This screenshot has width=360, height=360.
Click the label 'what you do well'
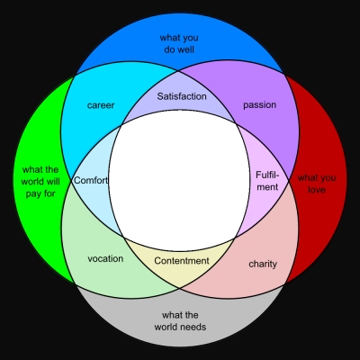pyautogui.click(x=179, y=43)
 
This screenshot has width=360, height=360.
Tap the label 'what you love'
pyautogui.click(x=317, y=184)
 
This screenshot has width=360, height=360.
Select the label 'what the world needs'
pyautogui.click(x=180, y=320)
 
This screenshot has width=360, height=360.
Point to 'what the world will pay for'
pyautogui.click(x=40, y=182)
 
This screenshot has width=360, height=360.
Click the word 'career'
pyautogui.click(x=101, y=105)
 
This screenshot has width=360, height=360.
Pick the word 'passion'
pyautogui.click(x=259, y=105)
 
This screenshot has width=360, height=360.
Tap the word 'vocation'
pyautogui.click(x=105, y=258)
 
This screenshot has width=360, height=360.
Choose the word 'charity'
pyautogui.click(x=263, y=264)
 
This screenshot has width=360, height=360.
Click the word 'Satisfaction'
pyautogui.click(x=182, y=96)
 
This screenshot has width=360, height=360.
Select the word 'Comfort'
pyautogui.click(x=90, y=180)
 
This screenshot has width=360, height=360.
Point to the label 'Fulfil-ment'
pyautogui.click(x=267, y=181)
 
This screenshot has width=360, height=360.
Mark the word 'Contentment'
pyautogui.click(x=182, y=261)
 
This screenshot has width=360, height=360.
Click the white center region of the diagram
pyautogui.click(x=179, y=180)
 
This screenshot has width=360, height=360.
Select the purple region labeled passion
pyautogui.click(x=264, y=126)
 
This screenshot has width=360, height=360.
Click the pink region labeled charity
pyautogui.click(x=264, y=255)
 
